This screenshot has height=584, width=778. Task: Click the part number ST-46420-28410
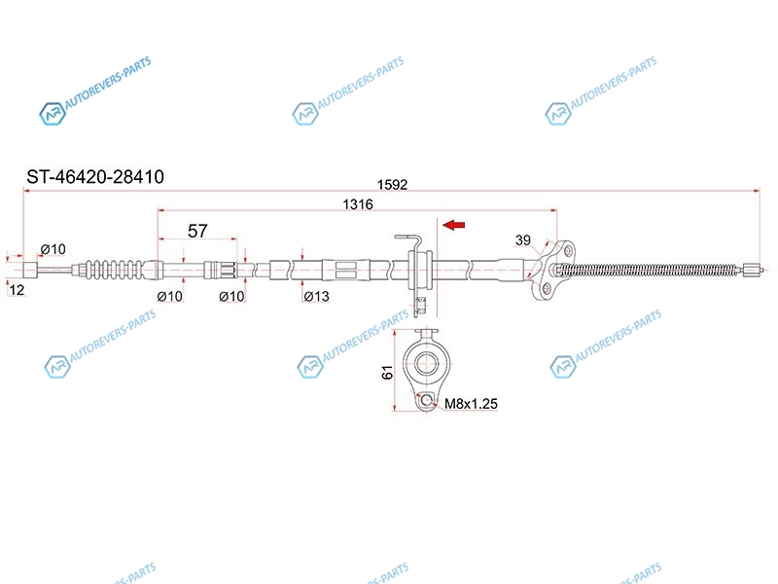(95, 177)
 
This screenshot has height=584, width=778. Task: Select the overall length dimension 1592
(392, 185)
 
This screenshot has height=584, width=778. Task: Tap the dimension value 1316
(358, 204)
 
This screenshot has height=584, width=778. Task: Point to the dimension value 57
(197, 231)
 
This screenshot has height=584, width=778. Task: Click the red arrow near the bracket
(453, 225)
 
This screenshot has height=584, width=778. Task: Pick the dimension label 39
(523, 240)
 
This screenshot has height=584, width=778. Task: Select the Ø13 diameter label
(317, 297)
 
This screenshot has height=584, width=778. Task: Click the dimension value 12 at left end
(17, 290)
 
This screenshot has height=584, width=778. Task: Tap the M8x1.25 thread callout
(471, 404)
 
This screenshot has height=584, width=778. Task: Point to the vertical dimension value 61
(387, 372)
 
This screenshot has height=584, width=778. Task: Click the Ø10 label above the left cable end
(53, 249)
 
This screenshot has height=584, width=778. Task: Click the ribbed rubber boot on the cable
(115, 270)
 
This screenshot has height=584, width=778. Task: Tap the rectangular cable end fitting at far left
(31, 270)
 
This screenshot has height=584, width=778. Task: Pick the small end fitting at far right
(753, 270)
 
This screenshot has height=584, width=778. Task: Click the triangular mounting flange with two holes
(551, 270)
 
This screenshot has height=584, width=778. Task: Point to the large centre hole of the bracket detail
(426, 363)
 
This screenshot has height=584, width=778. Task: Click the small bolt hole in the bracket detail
(426, 400)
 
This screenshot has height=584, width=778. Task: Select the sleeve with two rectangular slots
(346, 270)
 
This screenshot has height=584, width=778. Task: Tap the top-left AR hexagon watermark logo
(53, 114)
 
